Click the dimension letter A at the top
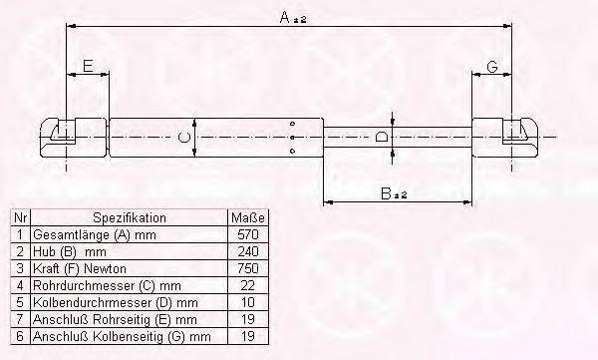point(285,17)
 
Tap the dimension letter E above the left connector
point(88,66)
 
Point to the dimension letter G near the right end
point(492,67)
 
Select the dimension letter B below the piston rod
point(386,193)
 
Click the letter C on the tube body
point(183,137)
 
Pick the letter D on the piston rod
point(382,137)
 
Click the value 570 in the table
point(248,234)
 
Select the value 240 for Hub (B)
point(248,251)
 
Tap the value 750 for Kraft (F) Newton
point(248,268)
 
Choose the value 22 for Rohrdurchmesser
point(248,285)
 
